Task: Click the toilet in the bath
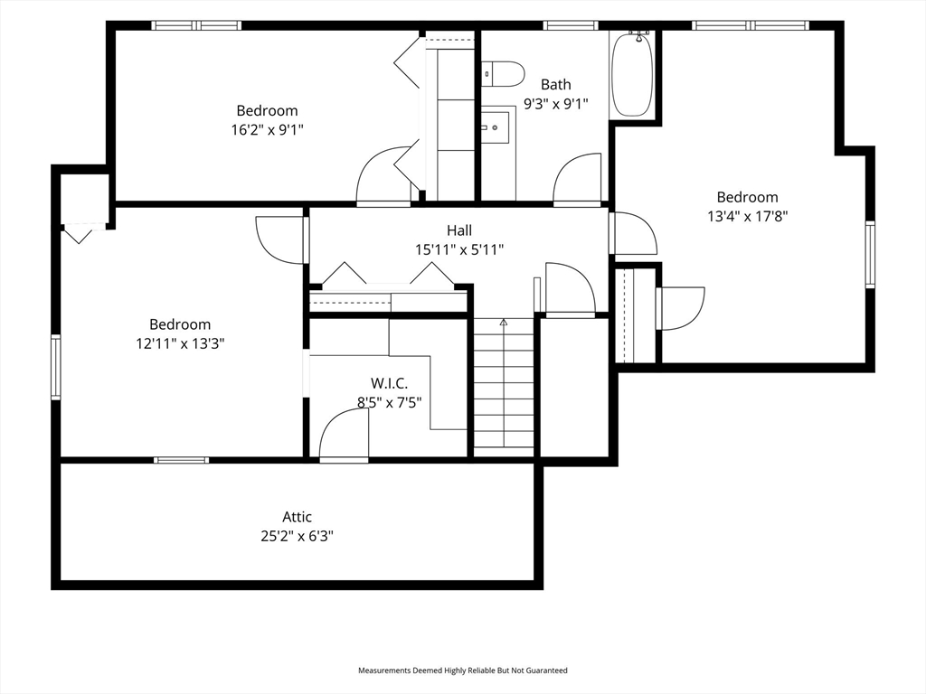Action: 503,74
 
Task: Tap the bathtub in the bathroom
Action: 632,74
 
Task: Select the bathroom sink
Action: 495,127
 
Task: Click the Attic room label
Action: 297,517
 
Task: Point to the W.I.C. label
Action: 389,383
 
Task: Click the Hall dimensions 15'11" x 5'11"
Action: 459,249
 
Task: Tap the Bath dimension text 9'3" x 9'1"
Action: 556,104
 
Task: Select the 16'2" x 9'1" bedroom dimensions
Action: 267,130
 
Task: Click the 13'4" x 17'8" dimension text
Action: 748,216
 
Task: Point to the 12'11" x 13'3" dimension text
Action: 180,343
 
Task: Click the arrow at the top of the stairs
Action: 504,323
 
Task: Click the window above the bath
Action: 570,25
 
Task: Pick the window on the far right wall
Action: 870,254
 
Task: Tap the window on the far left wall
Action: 55,367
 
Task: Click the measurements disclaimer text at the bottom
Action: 463,671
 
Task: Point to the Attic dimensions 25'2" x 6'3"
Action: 297,537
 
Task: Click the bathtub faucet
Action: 638,35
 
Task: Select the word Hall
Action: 458,230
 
